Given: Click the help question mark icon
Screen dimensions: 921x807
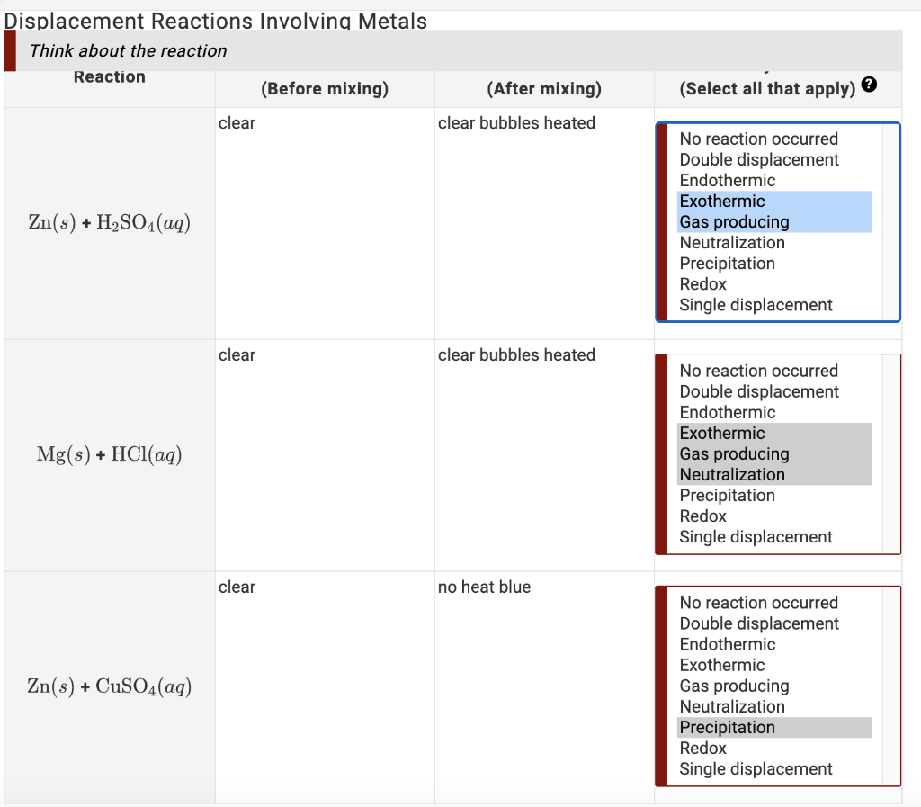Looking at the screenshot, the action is pos(869,85).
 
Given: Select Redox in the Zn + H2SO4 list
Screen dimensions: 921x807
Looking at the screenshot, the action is pos(703,284).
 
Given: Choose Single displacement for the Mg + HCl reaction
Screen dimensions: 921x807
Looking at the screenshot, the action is pos(756,537).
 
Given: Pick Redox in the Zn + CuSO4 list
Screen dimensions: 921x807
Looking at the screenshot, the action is pos(703,749).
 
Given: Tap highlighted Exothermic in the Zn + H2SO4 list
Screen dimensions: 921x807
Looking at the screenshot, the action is pos(722,202).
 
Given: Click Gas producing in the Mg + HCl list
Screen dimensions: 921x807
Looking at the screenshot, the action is pos(734,454).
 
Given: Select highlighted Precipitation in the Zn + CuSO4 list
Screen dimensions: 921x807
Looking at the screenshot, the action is pos(727,728).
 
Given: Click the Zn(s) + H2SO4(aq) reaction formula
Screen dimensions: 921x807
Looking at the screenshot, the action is pos(109,222).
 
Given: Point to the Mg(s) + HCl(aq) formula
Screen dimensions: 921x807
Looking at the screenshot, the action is pos(109,454).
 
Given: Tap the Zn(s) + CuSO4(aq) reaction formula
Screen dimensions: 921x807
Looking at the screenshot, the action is pos(109,686).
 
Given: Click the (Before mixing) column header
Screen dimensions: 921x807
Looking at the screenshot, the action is pos(325,89).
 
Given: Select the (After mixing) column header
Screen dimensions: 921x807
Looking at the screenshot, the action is pos(544,89).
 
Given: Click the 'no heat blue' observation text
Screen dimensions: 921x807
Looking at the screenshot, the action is pos(484,587).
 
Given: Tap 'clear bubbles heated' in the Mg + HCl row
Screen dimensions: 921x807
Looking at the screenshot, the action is pos(516,355).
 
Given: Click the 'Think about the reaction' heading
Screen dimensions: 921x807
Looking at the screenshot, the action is pos(128,51).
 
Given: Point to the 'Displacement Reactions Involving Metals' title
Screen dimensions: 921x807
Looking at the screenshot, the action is pos(216,22).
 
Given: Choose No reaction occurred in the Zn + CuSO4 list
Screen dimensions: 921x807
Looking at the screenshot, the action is pos(759,603).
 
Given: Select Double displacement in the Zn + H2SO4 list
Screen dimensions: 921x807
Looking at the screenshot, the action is pos(759,160).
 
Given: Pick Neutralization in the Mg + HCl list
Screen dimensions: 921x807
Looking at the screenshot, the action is pos(732,474).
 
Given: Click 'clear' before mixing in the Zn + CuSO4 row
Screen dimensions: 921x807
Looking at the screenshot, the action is pos(237,587).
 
